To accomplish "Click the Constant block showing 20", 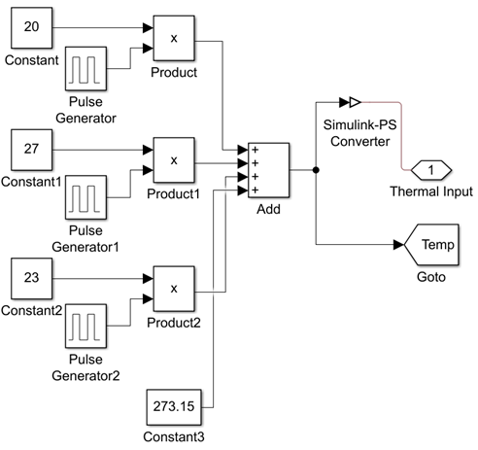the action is coord(32,28).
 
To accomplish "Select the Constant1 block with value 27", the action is coord(32,150).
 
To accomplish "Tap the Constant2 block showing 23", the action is coord(32,279).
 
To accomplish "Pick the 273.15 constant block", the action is coord(174,407).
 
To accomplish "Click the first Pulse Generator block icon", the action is coord(85,69).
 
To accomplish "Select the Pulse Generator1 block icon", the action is coord(85,197).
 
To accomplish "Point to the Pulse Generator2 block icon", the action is coord(85,326).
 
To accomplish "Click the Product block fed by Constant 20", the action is coord(174,38).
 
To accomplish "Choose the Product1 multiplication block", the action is coord(174,160).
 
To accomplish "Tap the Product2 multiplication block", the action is coord(174,289).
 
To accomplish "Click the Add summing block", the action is coord(269,170).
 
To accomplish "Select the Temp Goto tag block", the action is coord(431,245).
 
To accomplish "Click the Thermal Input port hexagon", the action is coord(431,170).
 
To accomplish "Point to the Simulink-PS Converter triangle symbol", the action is coord(356,102).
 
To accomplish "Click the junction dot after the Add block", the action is coord(316,170).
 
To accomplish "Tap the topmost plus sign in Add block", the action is coord(256,150).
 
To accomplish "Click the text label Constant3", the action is coord(174,437).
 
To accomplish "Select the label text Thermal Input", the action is coord(431,191).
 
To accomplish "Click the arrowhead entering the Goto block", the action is coord(398,245).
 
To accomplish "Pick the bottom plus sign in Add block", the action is coord(256,190).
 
